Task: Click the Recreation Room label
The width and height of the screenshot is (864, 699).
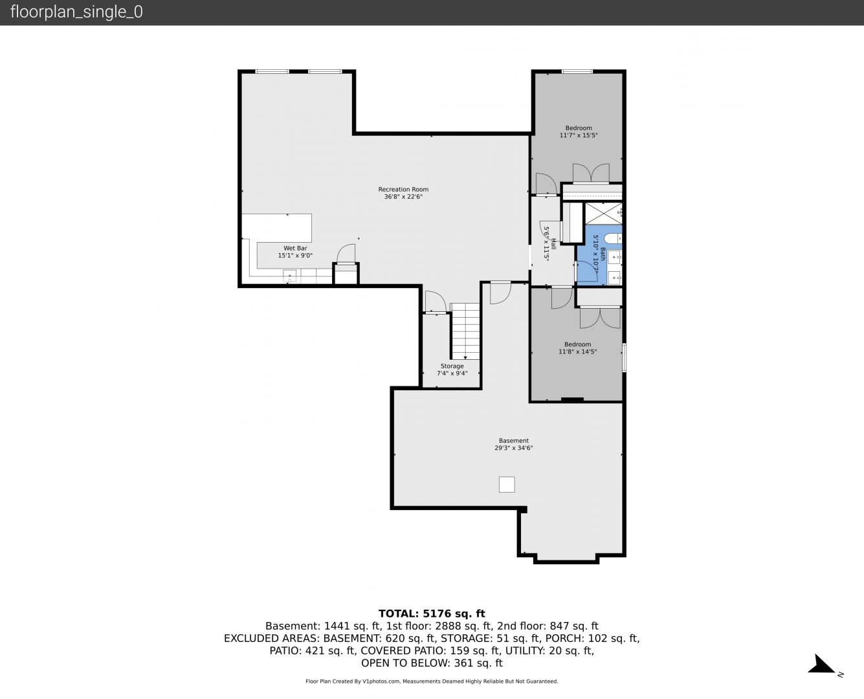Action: pyautogui.click(x=403, y=189)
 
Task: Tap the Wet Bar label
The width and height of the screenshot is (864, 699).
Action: pyautogui.click(x=295, y=248)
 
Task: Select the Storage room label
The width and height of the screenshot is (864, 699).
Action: pyautogui.click(x=452, y=366)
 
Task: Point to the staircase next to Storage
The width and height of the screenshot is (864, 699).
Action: pyautogui.click(x=466, y=331)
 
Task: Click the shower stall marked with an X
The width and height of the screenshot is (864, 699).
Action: pyautogui.click(x=604, y=214)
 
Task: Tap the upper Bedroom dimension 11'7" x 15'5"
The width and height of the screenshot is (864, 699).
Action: pyautogui.click(x=579, y=135)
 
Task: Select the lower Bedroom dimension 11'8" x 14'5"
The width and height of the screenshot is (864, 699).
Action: pyautogui.click(x=578, y=351)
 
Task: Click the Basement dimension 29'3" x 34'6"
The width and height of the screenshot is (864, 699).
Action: pyautogui.click(x=513, y=448)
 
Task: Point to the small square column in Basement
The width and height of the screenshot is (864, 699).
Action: pyautogui.click(x=507, y=484)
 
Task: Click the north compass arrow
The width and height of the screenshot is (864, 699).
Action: pyautogui.click(x=821, y=663)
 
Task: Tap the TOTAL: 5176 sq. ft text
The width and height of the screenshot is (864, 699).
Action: pyautogui.click(x=432, y=614)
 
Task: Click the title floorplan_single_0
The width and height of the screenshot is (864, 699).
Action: pyautogui.click(x=76, y=12)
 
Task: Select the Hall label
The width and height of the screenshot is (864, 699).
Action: pyautogui.click(x=553, y=244)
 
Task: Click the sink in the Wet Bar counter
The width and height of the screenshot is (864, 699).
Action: pyautogui.click(x=290, y=276)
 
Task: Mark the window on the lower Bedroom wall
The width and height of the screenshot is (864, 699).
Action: pyautogui.click(x=625, y=357)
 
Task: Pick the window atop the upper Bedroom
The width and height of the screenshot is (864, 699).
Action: pyautogui.click(x=577, y=72)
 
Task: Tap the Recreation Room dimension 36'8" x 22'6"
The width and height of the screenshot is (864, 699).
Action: pyautogui.click(x=403, y=197)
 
